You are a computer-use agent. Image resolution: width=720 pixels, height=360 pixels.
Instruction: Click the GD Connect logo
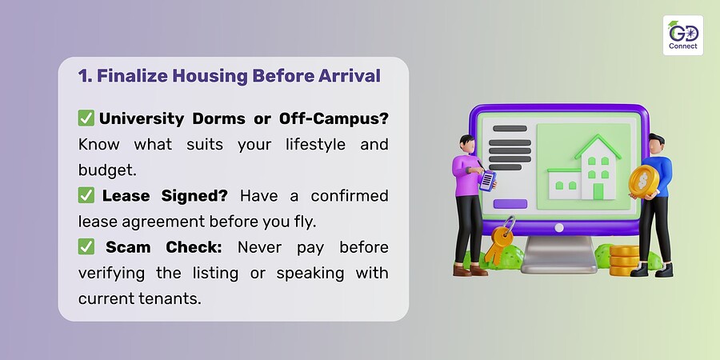[x=683, y=35]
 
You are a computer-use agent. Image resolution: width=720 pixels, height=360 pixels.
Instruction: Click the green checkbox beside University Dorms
[x=86, y=118]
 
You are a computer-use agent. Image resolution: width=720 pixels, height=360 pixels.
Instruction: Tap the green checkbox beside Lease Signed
[x=86, y=195]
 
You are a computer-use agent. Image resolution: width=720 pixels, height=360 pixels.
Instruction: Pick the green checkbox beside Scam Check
[x=86, y=246]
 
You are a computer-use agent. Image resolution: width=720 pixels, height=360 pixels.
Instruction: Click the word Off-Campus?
[x=334, y=118]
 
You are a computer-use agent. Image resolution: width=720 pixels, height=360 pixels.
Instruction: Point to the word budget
[x=107, y=170]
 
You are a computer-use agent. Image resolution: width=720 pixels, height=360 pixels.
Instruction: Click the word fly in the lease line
[x=306, y=222]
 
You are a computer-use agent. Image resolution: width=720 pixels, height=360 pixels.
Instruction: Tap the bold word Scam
[x=129, y=247]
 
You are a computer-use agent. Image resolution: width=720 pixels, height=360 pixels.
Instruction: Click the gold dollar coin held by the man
[x=643, y=181]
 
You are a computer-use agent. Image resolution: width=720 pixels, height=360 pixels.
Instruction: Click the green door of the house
[x=598, y=191]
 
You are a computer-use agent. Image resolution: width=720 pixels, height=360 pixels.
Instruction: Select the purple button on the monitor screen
[x=510, y=204]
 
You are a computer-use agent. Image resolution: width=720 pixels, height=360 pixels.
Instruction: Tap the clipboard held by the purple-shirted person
[x=488, y=179]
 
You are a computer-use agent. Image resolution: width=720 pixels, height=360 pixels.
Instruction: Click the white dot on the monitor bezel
[x=559, y=227]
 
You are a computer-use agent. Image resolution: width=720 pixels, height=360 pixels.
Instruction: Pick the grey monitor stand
[x=559, y=255]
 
